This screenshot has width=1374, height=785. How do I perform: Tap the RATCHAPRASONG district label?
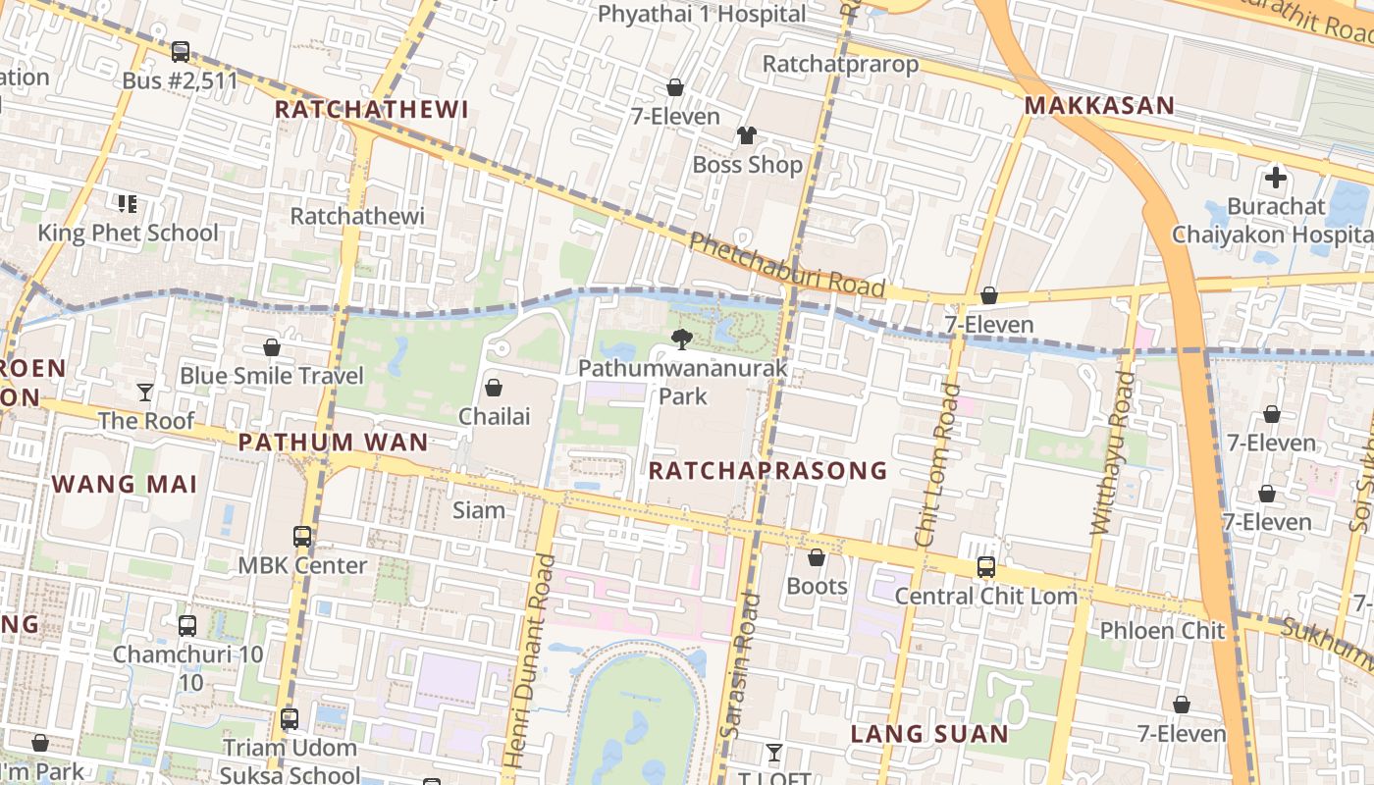[767, 471]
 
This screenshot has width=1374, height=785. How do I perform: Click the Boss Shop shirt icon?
[747, 135]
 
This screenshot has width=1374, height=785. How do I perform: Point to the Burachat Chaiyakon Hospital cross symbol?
[1275, 178]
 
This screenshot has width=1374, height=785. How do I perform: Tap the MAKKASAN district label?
[1099, 106]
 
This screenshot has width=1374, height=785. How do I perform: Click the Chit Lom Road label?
[937, 465]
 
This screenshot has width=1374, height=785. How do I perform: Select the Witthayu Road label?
[1112, 453]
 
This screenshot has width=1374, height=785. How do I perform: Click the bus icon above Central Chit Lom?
[985, 567]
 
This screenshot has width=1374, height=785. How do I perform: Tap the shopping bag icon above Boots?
[816, 557]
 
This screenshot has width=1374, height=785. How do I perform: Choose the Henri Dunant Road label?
[529, 661]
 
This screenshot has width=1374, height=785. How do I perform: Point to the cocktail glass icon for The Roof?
[145, 392]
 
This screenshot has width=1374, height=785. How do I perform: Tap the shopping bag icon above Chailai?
[494, 388]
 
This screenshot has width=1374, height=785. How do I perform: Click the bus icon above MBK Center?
[302, 537]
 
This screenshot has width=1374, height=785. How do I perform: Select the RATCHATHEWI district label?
[371, 110]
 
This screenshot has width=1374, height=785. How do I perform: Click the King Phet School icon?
[127, 204]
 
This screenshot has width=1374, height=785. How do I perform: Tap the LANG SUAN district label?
[928, 734]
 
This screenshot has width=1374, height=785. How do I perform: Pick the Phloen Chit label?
[1162, 630]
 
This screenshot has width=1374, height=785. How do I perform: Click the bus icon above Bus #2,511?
[181, 52]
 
